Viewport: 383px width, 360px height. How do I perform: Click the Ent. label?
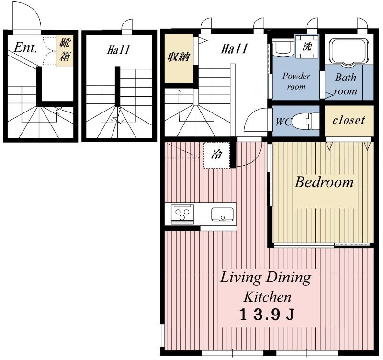point(25,47)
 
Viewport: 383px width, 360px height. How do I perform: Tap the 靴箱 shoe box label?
point(65,50)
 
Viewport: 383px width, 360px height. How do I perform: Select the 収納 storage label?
point(179,57)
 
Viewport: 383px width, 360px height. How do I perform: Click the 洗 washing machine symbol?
point(307,46)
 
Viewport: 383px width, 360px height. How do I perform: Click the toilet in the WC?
point(305,121)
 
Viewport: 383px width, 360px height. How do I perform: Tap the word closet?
point(349,120)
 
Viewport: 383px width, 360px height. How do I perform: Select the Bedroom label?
point(324,182)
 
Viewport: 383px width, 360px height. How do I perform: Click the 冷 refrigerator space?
point(217,155)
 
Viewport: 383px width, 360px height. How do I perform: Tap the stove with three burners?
point(182,214)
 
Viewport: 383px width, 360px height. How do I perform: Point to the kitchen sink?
point(222,214)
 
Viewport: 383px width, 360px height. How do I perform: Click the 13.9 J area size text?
point(267,315)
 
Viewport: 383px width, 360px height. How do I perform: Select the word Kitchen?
point(268,297)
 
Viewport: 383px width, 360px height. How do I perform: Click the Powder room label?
point(296,81)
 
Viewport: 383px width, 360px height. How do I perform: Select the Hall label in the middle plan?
point(118,50)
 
